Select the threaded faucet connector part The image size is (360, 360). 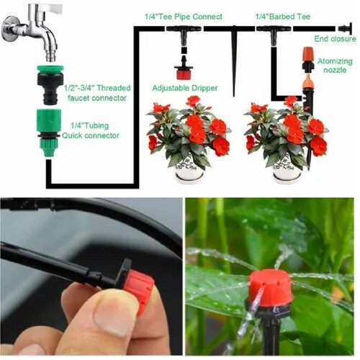(x=50, y=84)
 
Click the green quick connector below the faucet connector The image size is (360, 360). (x=49, y=133)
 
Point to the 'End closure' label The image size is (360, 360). (x=335, y=39)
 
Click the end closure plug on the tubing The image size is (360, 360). (x=346, y=29)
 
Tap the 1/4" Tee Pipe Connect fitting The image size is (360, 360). (x=184, y=34)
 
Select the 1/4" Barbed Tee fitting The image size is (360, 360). (x=274, y=34)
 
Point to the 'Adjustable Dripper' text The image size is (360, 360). (x=185, y=88)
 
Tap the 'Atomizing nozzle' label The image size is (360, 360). (x=335, y=66)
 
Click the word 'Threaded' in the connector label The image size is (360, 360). (x=114, y=88)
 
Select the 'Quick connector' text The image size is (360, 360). (x=91, y=135)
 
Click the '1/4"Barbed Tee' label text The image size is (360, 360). (x=283, y=17)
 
